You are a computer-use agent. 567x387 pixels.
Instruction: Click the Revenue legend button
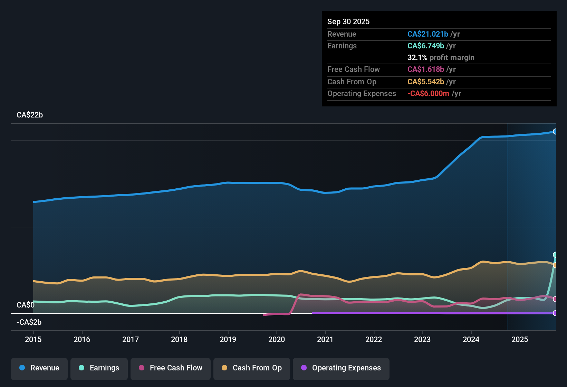pyautogui.click(x=39, y=368)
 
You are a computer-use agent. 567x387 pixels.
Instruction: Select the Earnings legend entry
pyautogui.click(x=99, y=368)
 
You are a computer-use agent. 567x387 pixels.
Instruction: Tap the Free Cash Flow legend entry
pyautogui.click(x=171, y=368)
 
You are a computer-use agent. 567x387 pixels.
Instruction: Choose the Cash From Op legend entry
pyautogui.click(x=252, y=368)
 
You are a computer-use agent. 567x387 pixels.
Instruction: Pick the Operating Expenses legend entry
pyautogui.click(x=341, y=368)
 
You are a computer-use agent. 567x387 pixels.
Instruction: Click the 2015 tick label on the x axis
pyautogui.click(x=33, y=340)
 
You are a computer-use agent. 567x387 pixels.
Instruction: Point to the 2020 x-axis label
pyautogui.click(x=277, y=340)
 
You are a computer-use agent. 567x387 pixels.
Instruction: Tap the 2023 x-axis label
pyautogui.click(x=422, y=340)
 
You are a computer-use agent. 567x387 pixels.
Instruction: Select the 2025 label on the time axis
pyautogui.click(x=520, y=340)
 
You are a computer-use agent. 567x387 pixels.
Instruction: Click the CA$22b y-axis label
pyautogui.click(x=30, y=115)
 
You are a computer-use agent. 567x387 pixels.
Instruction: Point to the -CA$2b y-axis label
pyautogui.click(x=29, y=322)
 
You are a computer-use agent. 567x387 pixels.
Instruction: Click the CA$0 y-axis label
pyautogui.click(x=26, y=305)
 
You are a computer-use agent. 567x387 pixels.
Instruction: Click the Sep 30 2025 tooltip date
pyautogui.click(x=348, y=22)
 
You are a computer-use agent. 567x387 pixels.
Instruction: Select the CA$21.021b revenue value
pyautogui.click(x=428, y=34)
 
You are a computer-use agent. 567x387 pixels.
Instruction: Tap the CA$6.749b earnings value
pyautogui.click(x=426, y=46)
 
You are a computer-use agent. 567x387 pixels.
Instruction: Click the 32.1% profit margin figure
pyautogui.click(x=417, y=58)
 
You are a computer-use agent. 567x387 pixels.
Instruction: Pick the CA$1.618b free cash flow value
pyautogui.click(x=426, y=69)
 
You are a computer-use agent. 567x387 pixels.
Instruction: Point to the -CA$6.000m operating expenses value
pyautogui.click(x=428, y=94)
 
